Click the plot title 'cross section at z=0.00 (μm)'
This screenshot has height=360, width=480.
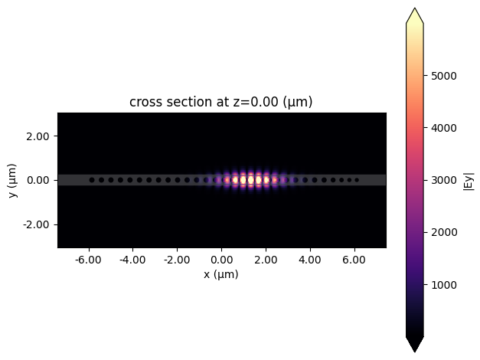click(x=220, y=102)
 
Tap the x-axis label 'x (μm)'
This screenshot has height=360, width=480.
click(x=221, y=274)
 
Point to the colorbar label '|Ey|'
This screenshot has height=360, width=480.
click(x=469, y=181)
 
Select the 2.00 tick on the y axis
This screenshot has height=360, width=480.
click(x=38, y=136)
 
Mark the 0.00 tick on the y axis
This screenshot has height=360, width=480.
click(x=38, y=180)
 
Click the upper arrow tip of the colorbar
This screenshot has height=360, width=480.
click(x=414, y=11)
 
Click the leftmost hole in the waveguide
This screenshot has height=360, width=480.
click(x=92, y=180)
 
